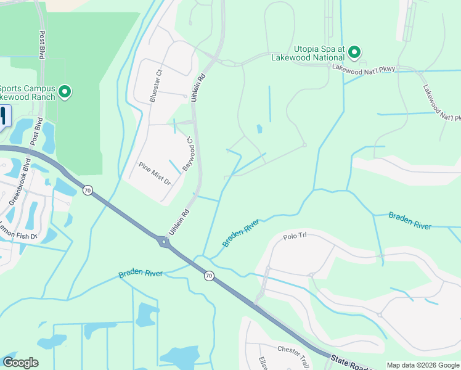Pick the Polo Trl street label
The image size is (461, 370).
point(295,236)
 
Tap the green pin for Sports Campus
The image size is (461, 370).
point(64,92)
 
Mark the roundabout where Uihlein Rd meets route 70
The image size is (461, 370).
point(165,242)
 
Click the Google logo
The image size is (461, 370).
point(20,363)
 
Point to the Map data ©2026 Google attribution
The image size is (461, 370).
point(423,365)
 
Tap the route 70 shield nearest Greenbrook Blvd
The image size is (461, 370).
point(88,191)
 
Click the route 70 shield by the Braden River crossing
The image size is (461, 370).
point(209,276)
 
